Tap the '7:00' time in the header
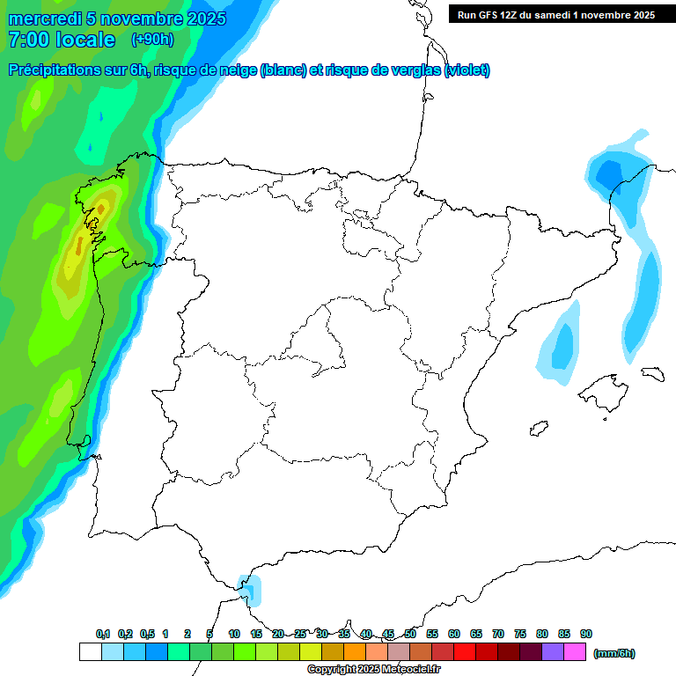click(x=26, y=40)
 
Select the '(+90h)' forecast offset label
click(x=152, y=40)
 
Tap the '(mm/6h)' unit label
click(x=614, y=653)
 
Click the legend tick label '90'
click(x=586, y=634)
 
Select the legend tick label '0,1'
click(x=103, y=634)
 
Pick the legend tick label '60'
click(x=454, y=634)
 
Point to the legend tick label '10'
click(x=234, y=634)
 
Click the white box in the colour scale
click(x=90, y=652)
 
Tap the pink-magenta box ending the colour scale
click(x=575, y=652)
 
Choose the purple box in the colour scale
click(x=553, y=652)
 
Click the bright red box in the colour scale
click(x=465, y=652)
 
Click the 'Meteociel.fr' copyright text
click(x=409, y=670)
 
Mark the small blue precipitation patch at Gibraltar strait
click(x=251, y=588)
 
